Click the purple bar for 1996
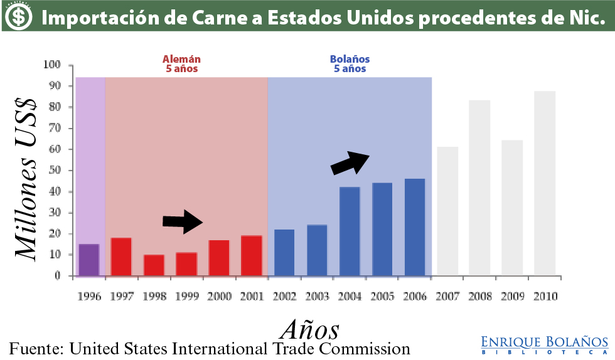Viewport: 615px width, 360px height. (88, 260)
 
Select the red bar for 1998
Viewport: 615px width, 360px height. (154, 265)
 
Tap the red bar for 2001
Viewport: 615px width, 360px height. (251, 255)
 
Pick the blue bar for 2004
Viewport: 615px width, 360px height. (350, 231)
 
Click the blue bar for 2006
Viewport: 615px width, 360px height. (415, 227)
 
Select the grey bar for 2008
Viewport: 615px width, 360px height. (479, 188)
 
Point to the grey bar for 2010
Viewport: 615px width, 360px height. (545, 183)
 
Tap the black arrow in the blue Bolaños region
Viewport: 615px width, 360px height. (350, 162)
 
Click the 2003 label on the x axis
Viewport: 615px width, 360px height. (317, 296)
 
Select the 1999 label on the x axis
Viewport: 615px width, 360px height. (187, 296)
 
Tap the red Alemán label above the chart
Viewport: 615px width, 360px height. (182, 64)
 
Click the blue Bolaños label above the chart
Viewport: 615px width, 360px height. (350, 64)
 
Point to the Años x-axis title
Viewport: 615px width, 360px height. (309, 329)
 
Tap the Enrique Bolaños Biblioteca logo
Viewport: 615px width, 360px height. (544, 345)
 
